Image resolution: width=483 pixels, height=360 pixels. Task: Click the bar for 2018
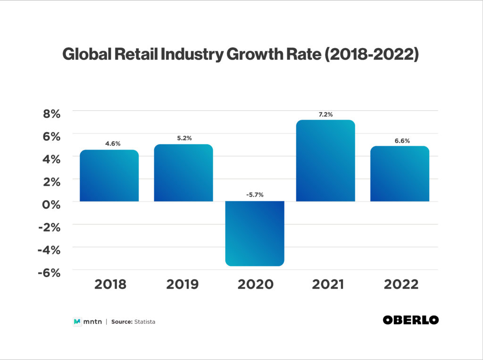[x=109, y=176]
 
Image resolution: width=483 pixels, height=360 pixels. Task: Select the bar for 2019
[x=183, y=173]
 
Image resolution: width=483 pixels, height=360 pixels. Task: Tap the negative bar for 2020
[x=255, y=234]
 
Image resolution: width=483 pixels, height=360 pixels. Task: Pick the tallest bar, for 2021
[x=325, y=161]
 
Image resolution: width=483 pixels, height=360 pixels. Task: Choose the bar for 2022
[x=400, y=174]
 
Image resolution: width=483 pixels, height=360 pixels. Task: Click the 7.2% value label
[x=325, y=114]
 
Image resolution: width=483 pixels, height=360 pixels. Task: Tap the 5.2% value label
[x=183, y=138]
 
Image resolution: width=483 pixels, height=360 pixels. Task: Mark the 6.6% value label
[x=400, y=140]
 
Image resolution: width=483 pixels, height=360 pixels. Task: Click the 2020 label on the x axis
[x=255, y=285]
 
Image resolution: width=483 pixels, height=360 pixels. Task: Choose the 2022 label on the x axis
[x=401, y=285]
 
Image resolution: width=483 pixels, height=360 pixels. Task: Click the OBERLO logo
[x=410, y=320]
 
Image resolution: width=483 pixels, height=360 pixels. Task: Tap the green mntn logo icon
[x=77, y=322]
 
